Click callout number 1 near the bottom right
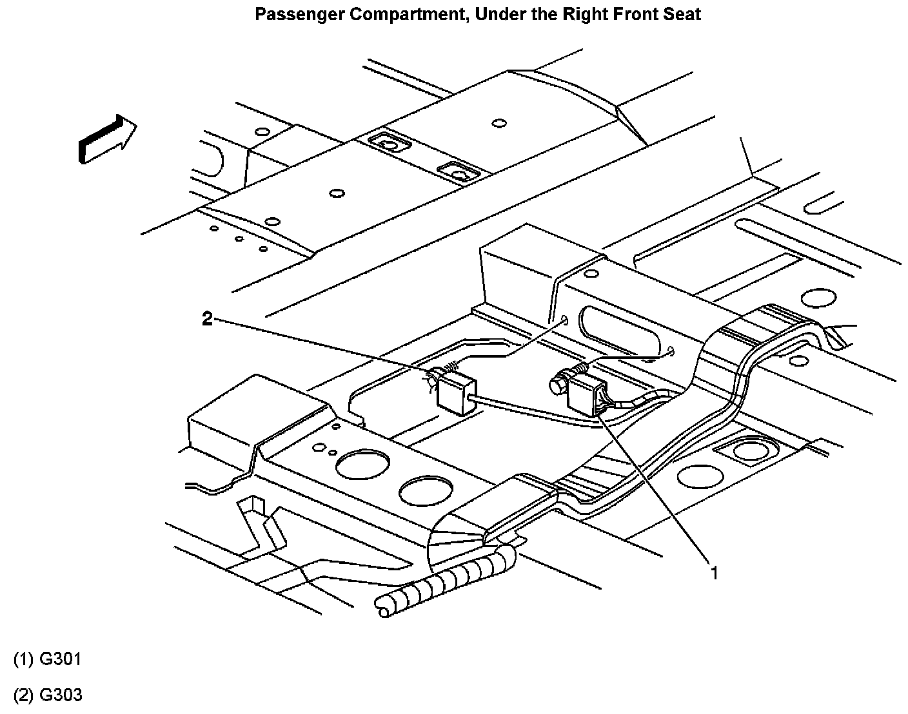coord(714,572)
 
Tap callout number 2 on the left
coord(207,318)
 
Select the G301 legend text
coord(61,659)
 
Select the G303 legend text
coord(61,695)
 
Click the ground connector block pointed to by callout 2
coord(457,392)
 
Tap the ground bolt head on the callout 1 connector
coord(557,386)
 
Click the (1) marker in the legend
coord(23,659)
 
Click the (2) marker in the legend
coord(23,695)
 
